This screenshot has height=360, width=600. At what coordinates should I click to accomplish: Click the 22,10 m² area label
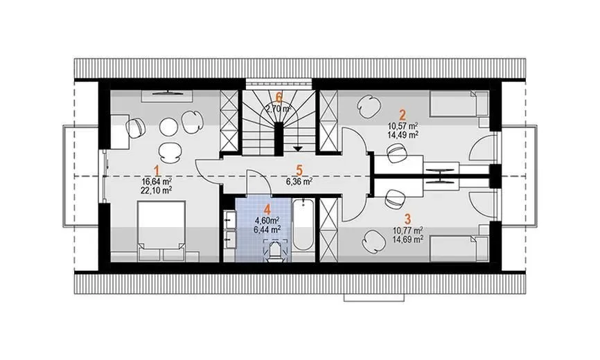(157, 189)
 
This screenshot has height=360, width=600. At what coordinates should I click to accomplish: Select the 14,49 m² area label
(402, 135)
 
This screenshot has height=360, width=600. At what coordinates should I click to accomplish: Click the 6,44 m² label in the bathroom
(266, 228)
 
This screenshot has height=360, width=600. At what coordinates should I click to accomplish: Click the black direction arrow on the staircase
(298, 147)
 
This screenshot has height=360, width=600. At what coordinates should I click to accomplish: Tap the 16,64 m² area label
(157, 179)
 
